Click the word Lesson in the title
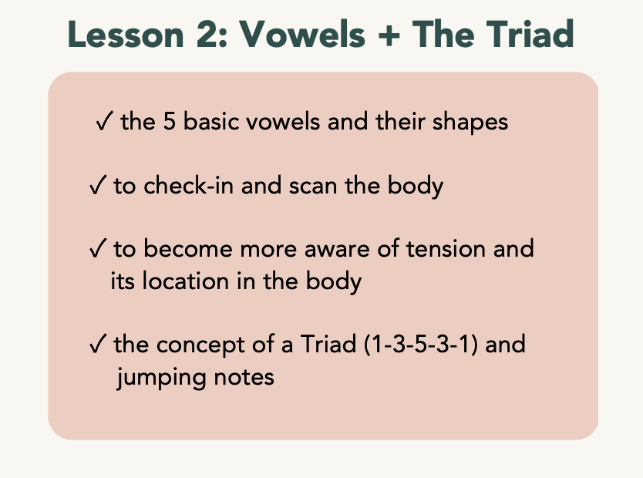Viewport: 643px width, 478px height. (x=126, y=35)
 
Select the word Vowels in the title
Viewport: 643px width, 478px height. (x=302, y=35)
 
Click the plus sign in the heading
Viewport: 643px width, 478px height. (x=389, y=35)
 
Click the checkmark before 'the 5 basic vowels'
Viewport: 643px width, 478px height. (x=104, y=121)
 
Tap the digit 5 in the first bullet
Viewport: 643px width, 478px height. (x=170, y=121)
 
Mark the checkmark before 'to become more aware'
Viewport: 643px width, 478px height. (x=98, y=248)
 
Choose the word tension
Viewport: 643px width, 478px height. (x=446, y=249)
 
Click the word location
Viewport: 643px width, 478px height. (x=185, y=281)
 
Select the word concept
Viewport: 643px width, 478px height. (x=200, y=345)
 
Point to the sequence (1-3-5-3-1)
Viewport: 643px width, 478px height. (x=421, y=345)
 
